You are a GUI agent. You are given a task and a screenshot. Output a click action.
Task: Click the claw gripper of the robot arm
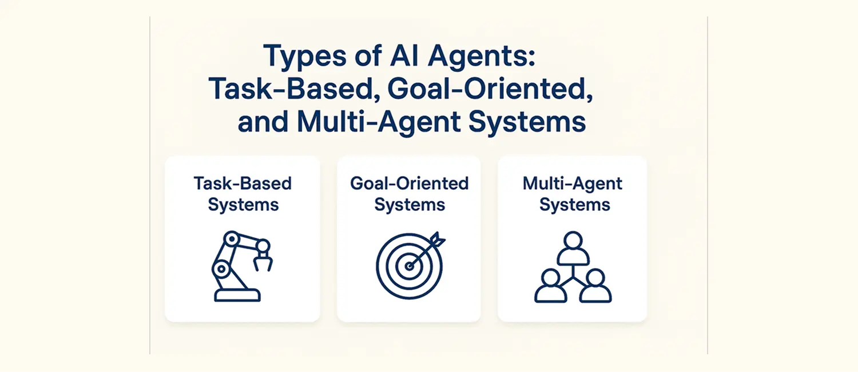(x=264, y=261)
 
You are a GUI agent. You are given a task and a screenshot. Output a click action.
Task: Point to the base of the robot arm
(x=237, y=295)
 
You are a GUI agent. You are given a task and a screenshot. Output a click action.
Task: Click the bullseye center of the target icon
(x=409, y=266)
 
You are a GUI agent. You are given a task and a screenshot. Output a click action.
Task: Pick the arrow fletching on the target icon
(x=438, y=239)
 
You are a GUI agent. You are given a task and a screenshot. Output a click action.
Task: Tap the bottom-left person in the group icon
(x=550, y=285)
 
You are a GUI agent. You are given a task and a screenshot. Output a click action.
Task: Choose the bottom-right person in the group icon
(x=595, y=285)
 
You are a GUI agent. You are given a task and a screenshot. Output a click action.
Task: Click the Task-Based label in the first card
(x=243, y=183)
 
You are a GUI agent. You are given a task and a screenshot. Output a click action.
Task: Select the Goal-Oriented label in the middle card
(x=409, y=183)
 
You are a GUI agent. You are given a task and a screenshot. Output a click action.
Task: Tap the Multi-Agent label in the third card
(x=573, y=183)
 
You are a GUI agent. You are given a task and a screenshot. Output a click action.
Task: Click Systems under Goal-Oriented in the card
(x=409, y=205)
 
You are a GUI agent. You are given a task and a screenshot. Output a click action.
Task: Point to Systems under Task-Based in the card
(x=243, y=205)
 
